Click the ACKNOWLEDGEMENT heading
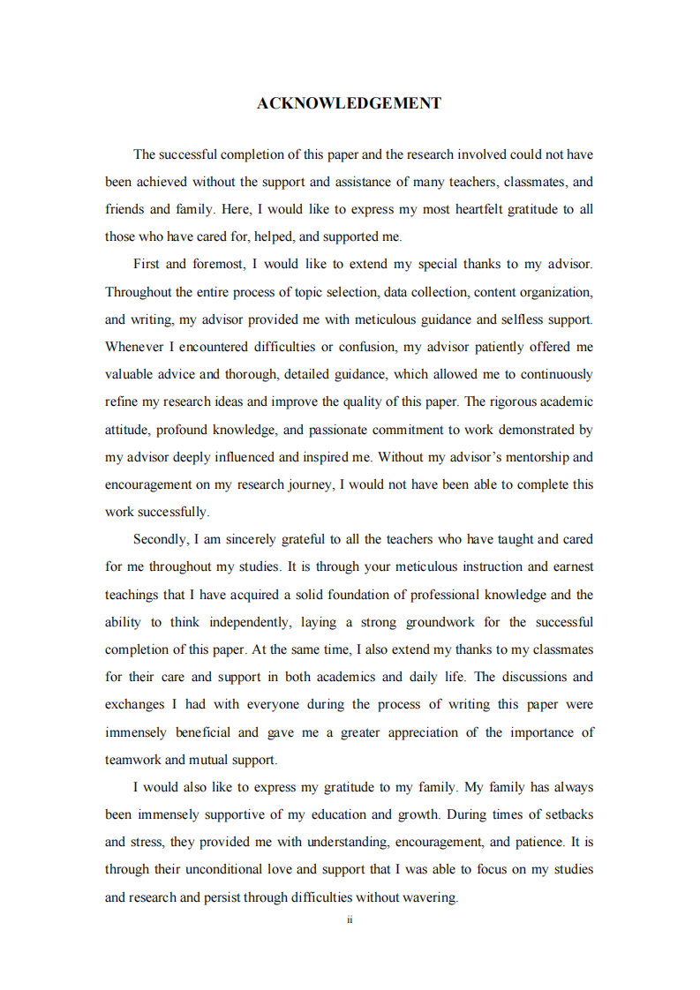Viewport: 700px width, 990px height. [x=350, y=104]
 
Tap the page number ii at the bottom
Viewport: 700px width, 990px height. [x=350, y=920]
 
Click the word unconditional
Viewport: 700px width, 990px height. [x=222, y=869]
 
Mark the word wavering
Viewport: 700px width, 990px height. [x=429, y=897]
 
